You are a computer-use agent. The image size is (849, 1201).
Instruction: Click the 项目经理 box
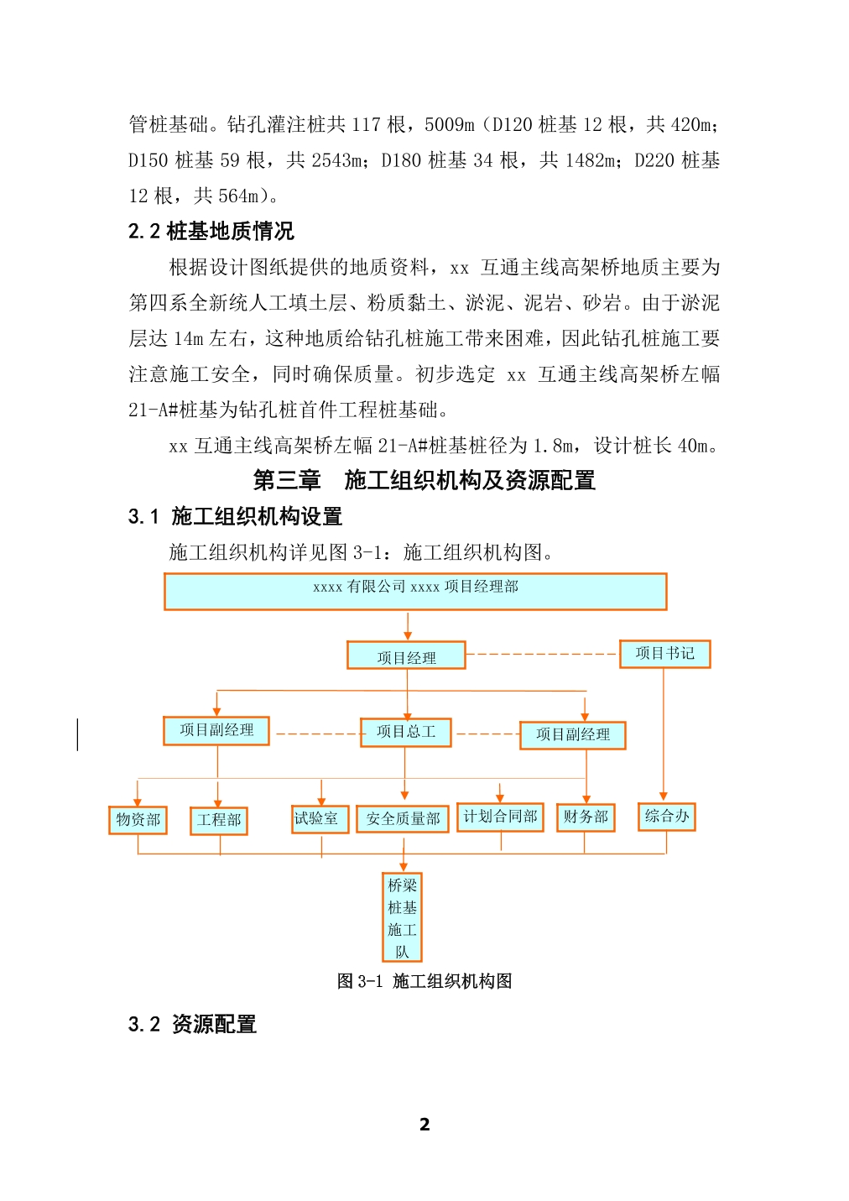tap(406, 655)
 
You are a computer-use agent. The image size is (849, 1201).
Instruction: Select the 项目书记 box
tap(664, 654)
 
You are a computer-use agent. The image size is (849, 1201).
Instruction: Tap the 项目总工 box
tap(406, 733)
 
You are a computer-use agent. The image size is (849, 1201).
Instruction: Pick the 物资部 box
tap(138, 820)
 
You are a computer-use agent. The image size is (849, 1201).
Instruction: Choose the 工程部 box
tap(219, 821)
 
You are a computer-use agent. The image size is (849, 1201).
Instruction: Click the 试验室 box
tap(320, 819)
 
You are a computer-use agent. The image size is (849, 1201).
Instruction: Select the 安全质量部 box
tap(403, 819)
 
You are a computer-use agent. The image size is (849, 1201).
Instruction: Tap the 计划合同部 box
tap(500, 817)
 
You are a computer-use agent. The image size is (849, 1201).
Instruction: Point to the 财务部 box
tap(586, 817)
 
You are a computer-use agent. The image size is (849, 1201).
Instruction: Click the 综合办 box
tap(666, 817)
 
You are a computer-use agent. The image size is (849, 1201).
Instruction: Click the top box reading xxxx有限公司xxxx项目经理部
tap(415, 592)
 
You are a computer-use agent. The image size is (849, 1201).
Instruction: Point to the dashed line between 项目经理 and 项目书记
tap(543, 654)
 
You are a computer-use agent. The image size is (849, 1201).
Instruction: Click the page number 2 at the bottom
tap(424, 1124)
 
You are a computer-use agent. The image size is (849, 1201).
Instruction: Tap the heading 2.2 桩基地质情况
tap(211, 231)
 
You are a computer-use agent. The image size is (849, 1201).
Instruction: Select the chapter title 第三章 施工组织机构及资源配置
tap(424, 480)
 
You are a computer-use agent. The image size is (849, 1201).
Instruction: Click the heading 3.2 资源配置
tap(192, 1024)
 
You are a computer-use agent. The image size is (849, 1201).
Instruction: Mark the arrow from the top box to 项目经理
tap(408, 626)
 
